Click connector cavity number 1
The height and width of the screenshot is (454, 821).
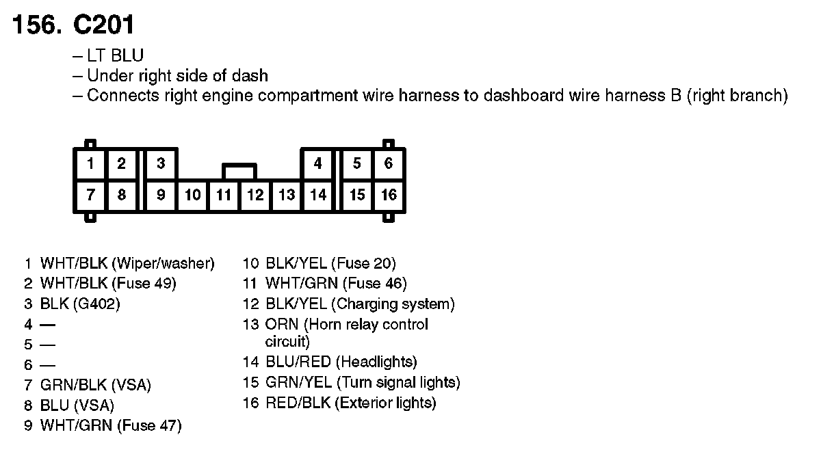coord(90,164)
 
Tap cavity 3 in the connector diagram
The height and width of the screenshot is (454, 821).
coord(161,164)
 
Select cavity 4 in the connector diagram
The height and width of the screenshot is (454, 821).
coord(317,164)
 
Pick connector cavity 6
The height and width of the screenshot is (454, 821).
coord(389,164)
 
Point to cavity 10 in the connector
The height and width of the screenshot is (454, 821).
coord(193,196)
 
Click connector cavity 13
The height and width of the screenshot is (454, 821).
coord(287,196)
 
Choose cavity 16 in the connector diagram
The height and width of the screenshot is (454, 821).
coord(389,196)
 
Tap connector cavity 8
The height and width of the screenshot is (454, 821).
coord(122,196)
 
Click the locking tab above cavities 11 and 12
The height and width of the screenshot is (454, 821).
coord(239,170)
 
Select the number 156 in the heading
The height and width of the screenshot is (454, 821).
coord(34,25)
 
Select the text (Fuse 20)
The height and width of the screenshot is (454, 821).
coord(363,263)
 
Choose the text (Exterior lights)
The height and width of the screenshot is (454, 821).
coord(385,403)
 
